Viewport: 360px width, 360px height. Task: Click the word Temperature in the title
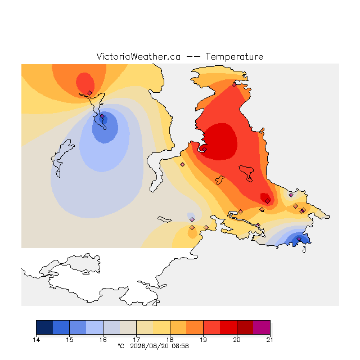[234, 57]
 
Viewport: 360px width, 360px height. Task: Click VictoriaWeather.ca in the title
[138, 57]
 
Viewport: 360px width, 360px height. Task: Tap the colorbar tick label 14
[36, 340]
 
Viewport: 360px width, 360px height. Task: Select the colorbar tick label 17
[136, 340]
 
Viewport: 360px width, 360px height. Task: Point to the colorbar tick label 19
[203, 340]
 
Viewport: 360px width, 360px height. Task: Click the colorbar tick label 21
[270, 340]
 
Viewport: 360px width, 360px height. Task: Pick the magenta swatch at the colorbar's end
[262, 327]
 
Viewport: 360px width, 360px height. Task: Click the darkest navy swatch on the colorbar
[44, 327]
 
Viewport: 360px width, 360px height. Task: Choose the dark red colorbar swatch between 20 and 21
[245, 327]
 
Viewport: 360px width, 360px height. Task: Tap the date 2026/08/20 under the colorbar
[150, 346]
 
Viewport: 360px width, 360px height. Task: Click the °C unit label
[121, 346]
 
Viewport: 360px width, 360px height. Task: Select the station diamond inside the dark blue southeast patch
[299, 239]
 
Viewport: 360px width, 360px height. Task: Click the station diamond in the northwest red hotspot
[89, 93]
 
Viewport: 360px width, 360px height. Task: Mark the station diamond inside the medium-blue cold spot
[102, 116]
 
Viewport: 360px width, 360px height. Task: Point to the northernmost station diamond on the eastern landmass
[234, 85]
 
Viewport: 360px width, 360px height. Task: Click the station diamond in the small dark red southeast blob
[267, 201]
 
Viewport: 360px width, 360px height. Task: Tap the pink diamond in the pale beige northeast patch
[291, 195]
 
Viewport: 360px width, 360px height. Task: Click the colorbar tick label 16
[103, 340]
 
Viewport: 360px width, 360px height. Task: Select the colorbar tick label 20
[237, 340]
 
